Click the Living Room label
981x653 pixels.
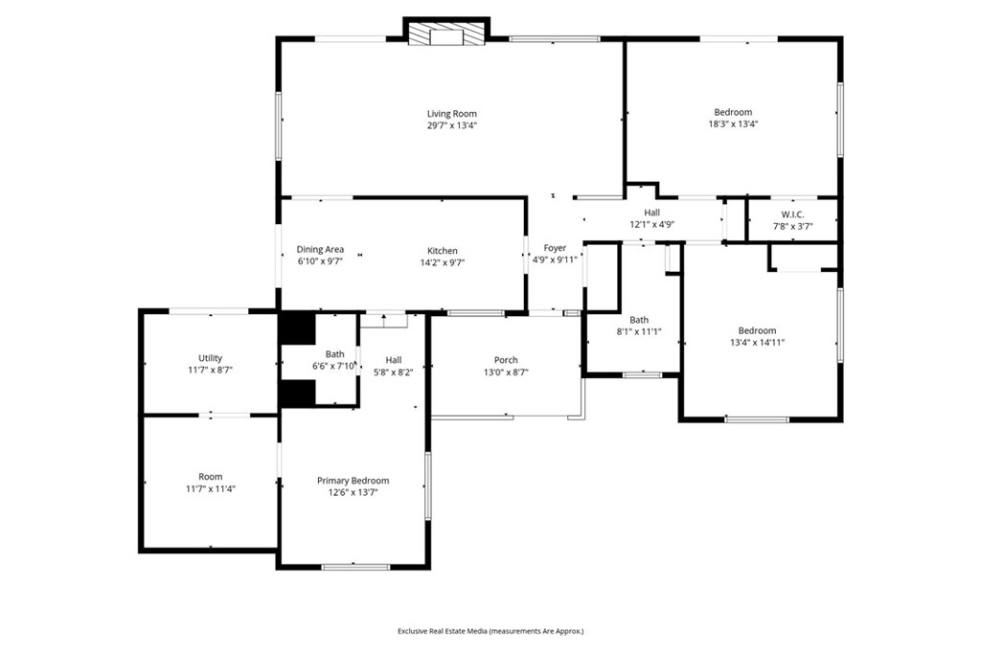tap(451, 114)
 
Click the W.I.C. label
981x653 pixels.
tap(792, 214)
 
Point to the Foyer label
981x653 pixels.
tap(555, 248)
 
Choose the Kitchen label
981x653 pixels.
tap(442, 251)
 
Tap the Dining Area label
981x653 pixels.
tap(320, 249)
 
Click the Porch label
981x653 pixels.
tap(506, 360)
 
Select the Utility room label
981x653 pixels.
tap(210, 358)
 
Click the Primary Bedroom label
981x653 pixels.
tap(354, 481)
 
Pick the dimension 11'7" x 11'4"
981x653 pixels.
tap(210, 488)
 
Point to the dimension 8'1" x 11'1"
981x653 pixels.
tap(639, 331)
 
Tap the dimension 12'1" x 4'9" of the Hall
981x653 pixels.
tap(651, 224)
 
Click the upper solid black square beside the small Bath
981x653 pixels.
tap(296, 327)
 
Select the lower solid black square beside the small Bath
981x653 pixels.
tap(296, 394)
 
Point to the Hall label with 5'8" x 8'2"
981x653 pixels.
tap(393, 360)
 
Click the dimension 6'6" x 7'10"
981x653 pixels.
tap(334, 366)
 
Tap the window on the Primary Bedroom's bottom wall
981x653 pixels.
tap(355, 567)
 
